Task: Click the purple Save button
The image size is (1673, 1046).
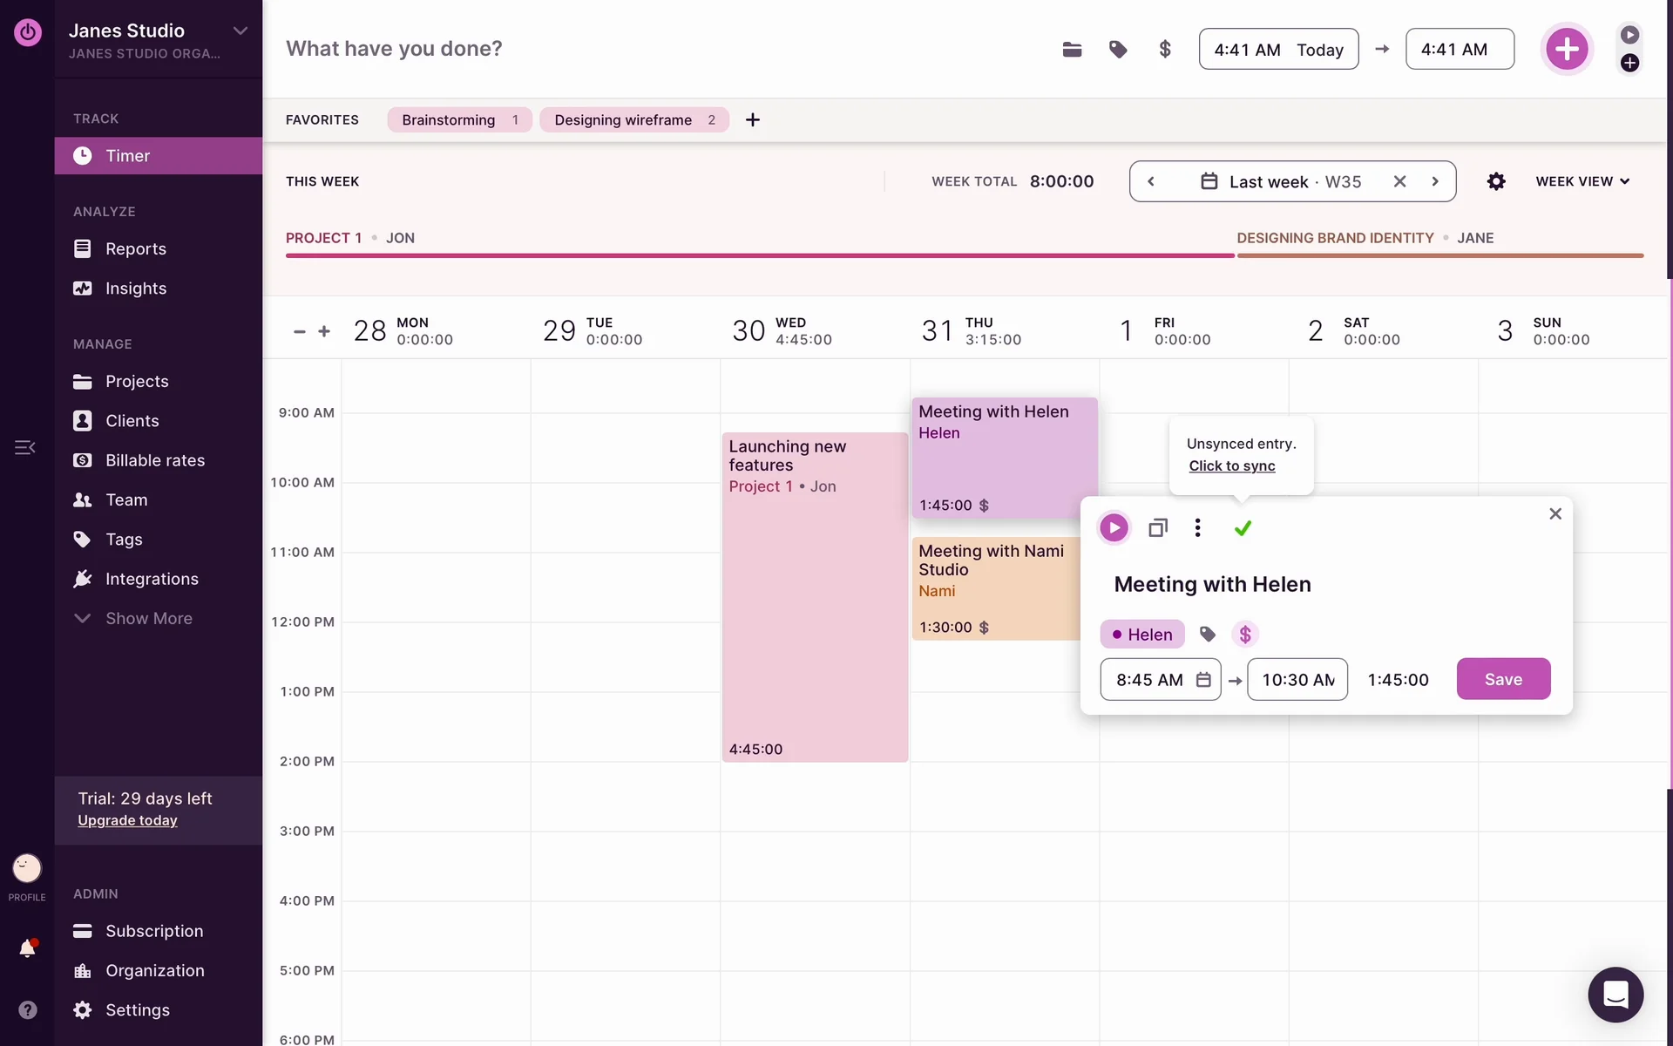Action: (x=1503, y=679)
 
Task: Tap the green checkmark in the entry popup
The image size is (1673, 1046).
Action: (x=1243, y=527)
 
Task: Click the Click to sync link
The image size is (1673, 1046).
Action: (x=1232, y=465)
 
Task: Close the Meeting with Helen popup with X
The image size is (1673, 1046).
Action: (x=1555, y=513)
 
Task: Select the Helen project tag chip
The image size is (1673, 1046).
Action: (x=1142, y=635)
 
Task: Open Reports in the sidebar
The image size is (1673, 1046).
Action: (x=135, y=248)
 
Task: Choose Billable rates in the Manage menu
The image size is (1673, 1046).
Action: (x=155, y=460)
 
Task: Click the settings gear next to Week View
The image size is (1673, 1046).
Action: (x=1496, y=181)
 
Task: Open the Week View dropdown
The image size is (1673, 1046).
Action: (x=1582, y=181)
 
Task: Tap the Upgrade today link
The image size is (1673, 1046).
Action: (x=127, y=820)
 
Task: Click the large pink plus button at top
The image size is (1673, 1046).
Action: (x=1567, y=49)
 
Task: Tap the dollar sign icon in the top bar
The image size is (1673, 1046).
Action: (x=1165, y=49)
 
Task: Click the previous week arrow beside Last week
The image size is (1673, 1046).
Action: (x=1151, y=181)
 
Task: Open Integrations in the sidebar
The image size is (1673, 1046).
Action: (x=152, y=579)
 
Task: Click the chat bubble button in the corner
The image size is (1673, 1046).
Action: (x=1615, y=994)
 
